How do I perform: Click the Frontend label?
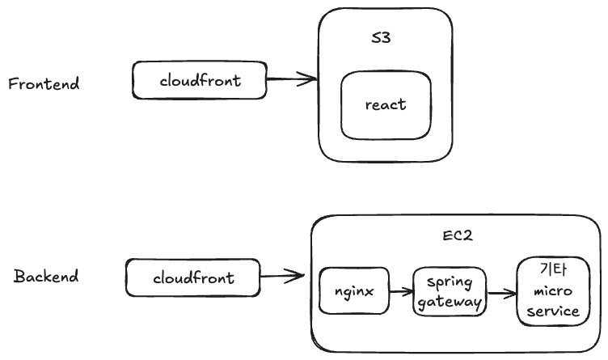[x=44, y=83]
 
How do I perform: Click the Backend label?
[x=46, y=277]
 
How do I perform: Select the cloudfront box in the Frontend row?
[x=199, y=81]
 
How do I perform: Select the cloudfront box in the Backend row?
[x=192, y=277]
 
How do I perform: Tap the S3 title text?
[x=380, y=38]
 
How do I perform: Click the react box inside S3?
[x=385, y=105]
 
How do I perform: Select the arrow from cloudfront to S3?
[x=291, y=79]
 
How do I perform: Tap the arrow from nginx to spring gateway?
[x=400, y=290]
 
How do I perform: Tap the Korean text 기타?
[x=551, y=269]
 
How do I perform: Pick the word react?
[x=385, y=105]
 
